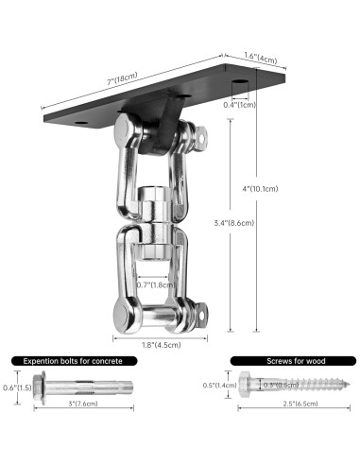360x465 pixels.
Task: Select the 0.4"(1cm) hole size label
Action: coord(241,105)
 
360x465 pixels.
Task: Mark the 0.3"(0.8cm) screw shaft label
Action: coord(283,385)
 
